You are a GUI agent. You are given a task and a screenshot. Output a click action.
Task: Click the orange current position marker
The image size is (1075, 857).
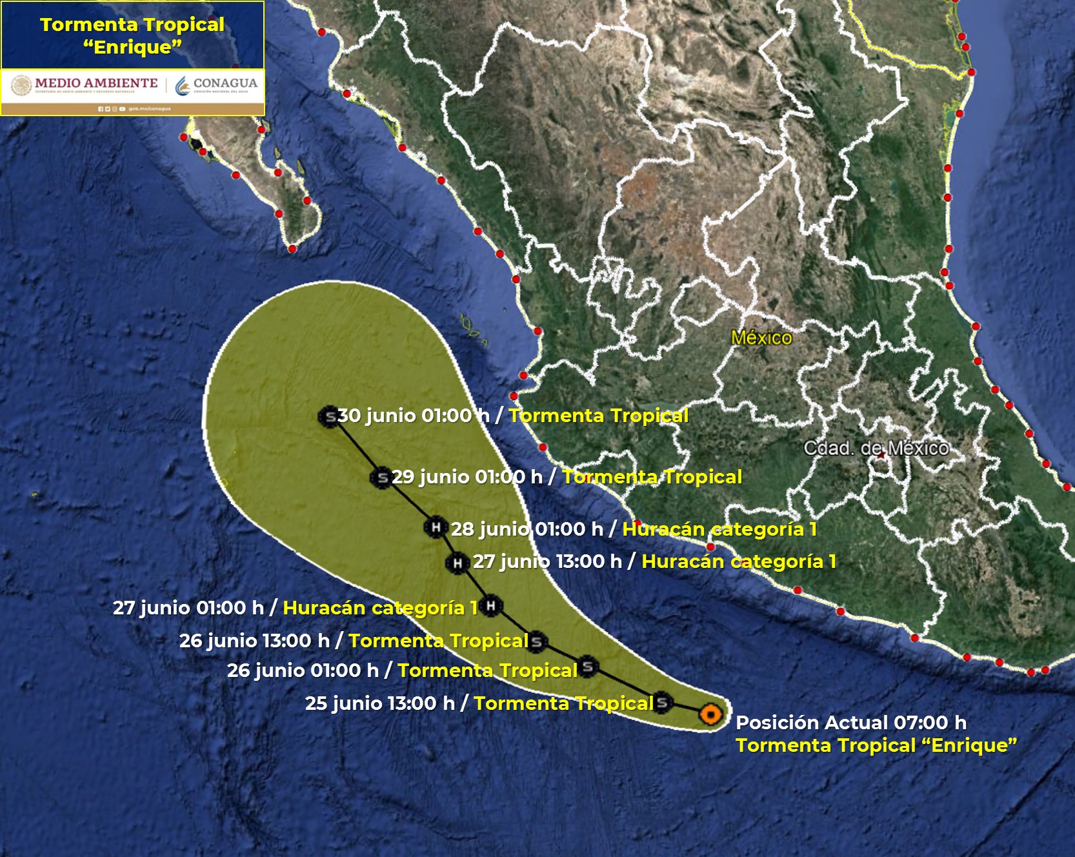(710, 714)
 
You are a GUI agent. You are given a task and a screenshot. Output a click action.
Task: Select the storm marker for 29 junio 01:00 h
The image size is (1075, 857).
(382, 478)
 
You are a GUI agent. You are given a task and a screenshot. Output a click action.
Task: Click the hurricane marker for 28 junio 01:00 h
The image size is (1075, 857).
(436, 527)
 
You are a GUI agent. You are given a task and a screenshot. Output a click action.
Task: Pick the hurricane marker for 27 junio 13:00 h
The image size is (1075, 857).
(457, 563)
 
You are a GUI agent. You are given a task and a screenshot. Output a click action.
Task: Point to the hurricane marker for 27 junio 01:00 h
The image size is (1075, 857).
(490, 605)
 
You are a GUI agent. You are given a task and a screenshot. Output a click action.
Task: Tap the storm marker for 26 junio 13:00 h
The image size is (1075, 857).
(536, 641)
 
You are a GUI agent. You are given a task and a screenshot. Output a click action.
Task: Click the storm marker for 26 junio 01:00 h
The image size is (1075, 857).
(587, 667)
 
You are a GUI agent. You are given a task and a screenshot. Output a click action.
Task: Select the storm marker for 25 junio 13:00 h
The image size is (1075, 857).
(662, 702)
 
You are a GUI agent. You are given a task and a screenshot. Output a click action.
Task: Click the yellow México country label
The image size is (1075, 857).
(761, 338)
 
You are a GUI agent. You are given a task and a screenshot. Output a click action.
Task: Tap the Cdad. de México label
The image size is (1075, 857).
(876, 448)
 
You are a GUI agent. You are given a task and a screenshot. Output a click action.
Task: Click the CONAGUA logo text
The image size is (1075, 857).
(225, 83)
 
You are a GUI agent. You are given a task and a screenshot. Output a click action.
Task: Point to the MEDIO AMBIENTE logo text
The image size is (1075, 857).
(96, 83)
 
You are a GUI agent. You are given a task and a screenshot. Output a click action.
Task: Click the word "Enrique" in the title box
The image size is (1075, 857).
(132, 47)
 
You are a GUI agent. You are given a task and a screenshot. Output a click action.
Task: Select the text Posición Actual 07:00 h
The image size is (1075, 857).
(850, 723)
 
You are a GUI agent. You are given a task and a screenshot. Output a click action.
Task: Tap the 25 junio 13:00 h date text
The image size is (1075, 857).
(379, 703)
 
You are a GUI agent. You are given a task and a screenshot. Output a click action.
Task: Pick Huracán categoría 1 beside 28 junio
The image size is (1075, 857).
(719, 529)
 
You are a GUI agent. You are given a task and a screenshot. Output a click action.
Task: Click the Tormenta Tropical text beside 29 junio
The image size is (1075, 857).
(652, 477)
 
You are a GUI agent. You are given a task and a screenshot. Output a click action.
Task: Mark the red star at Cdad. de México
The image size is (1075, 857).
(881, 455)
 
